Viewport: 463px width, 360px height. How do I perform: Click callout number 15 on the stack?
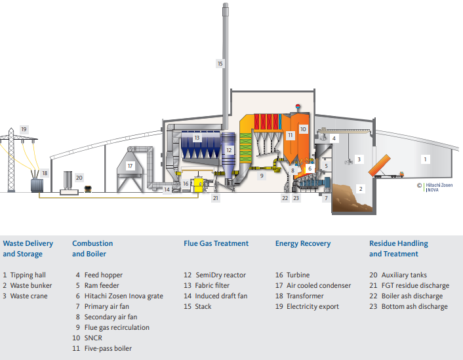pyautogui.click(x=220, y=64)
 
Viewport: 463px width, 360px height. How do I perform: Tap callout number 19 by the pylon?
pyautogui.click(x=24, y=129)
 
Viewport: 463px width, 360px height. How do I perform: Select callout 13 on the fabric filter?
pyautogui.click(x=197, y=138)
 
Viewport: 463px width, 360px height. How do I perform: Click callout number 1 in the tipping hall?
pyautogui.click(x=424, y=159)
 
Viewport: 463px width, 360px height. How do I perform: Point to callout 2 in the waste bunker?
pyautogui.click(x=359, y=189)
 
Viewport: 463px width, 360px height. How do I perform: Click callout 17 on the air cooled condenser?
pyautogui.click(x=130, y=166)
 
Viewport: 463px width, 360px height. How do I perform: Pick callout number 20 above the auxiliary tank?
pyautogui.click(x=79, y=177)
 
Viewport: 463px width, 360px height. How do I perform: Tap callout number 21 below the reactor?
pyautogui.click(x=215, y=197)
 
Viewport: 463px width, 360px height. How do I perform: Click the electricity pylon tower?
pyautogui.click(x=10, y=161)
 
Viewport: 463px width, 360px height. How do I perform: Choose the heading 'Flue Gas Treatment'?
pyautogui.click(x=216, y=243)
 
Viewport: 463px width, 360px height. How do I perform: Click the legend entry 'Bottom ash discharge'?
pyautogui.click(x=414, y=306)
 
